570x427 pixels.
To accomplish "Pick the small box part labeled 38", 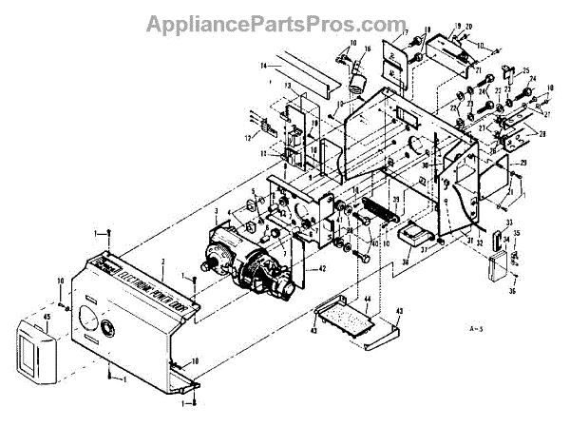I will pyautogui.click(x=418, y=234).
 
